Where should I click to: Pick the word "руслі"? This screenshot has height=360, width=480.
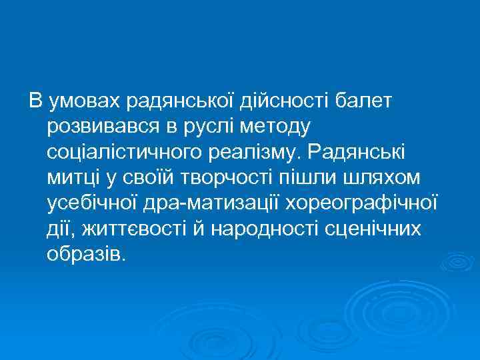pyautogui.click(x=211, y=127)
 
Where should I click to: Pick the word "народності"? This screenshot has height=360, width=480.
pyautogui.click(x=261, y=230)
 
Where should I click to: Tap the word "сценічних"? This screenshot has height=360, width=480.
pyautogui.click(x=370, y=230)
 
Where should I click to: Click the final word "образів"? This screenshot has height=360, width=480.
pyautogui.click(x=85, y=255)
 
